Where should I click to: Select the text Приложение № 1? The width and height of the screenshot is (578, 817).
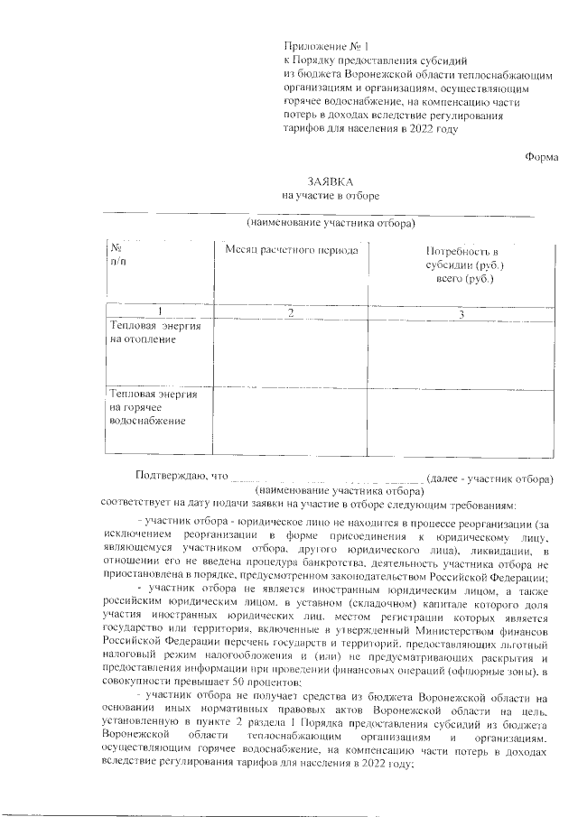point(326,45)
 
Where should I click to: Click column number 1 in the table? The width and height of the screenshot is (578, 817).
point(159,312)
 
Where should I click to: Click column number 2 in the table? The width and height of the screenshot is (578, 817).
point(291,312)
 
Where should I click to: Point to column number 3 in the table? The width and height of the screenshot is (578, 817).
point(461,312)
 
